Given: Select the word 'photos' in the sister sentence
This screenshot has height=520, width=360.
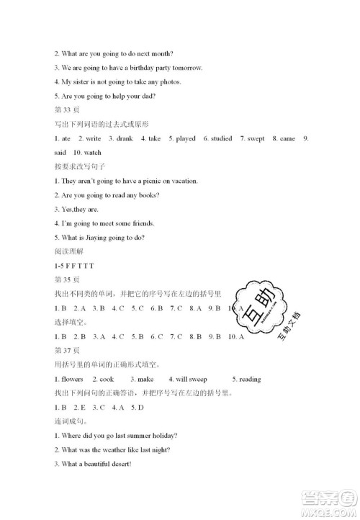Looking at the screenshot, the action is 168,81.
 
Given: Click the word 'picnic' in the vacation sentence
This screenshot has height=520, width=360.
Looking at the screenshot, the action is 144,181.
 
